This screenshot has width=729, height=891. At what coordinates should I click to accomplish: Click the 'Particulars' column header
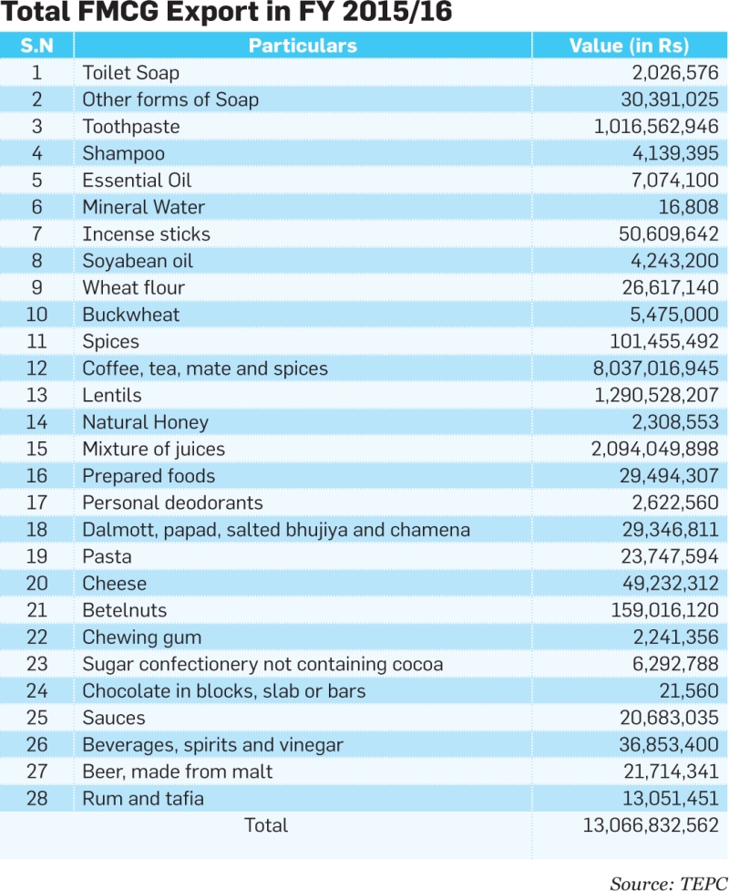303,46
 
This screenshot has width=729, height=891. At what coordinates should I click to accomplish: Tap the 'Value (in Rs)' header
629,46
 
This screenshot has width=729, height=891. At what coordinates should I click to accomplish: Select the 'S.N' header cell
36,46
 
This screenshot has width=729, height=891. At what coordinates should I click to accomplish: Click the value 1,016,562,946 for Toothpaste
656,126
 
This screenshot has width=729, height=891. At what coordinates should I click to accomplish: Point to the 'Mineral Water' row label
143,207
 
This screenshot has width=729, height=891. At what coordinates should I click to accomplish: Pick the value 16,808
689,207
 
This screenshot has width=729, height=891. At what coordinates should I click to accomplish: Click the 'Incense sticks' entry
146,233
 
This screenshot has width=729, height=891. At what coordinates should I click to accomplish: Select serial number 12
36,368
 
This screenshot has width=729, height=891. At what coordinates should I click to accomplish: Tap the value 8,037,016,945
656,368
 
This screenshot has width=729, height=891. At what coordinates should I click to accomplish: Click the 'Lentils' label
112,395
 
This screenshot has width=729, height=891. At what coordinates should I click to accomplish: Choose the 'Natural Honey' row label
146,422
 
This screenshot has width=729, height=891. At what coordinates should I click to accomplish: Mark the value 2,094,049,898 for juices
655,449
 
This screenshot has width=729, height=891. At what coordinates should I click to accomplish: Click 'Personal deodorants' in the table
172,502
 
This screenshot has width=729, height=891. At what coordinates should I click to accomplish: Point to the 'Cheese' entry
114,583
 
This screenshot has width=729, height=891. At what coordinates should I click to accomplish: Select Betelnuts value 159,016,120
665,610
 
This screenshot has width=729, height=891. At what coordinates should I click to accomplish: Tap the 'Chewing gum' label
142,637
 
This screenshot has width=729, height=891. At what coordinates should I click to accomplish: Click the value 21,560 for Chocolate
689,691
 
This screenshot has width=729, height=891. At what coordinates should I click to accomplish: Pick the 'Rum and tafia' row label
143,798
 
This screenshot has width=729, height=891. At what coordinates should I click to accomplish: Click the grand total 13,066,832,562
652,825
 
